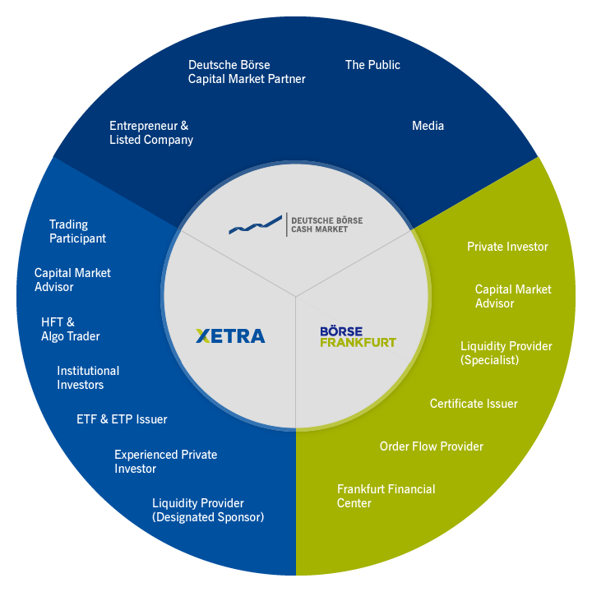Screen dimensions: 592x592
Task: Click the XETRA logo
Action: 230,335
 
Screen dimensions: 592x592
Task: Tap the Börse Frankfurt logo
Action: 358,336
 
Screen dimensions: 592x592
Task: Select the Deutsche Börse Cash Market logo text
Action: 326,225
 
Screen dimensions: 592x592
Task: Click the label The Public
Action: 372,64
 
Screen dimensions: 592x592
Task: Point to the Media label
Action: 428,126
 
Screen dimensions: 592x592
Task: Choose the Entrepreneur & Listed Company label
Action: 151,133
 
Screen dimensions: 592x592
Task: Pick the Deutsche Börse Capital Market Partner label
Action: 247,72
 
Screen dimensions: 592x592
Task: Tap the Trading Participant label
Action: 77,231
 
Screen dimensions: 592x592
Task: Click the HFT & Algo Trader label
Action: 70,329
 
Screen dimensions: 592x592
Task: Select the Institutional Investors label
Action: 88,377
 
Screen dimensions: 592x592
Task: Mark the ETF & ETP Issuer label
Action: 122,419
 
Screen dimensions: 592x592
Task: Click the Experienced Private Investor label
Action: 165,461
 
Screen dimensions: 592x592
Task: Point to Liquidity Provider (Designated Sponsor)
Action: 208,510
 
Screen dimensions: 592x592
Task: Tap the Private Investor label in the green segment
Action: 507,247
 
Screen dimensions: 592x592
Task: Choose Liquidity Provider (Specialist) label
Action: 506,353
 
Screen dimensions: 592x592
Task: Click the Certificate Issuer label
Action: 474,404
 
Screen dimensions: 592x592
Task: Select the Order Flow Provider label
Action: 431,446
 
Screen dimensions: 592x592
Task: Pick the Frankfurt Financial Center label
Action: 386,496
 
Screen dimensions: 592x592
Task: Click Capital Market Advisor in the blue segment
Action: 72,280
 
